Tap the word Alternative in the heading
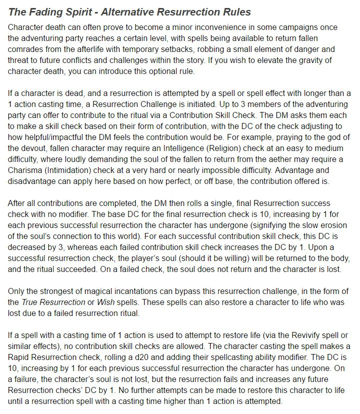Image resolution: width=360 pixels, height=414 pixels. (x=119, y=11)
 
